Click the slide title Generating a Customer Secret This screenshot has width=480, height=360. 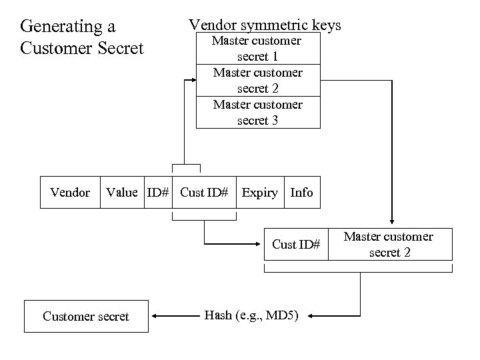[82, 37]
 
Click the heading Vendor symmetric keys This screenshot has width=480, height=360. [265, 25]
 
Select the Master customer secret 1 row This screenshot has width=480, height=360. [257, 49]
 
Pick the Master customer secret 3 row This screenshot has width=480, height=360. [257, 112]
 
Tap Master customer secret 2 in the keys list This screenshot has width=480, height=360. [257, 80]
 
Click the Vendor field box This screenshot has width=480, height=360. [70, 193]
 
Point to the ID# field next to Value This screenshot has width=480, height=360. [158, 193]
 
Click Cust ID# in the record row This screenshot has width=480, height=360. [204, 193]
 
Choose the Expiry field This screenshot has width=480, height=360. [259, 193]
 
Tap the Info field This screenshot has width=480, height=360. [301, 193]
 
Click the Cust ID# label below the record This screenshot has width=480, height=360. [296, 245]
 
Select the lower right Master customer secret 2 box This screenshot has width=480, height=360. [388, 245]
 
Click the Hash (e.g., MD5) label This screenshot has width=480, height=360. [252, 315]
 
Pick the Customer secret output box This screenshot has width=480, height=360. [86, 316]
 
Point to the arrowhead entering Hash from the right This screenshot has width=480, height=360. [312, 315]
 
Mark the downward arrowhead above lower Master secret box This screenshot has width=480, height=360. [391, 224]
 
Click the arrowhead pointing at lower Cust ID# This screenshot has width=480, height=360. [261, 245]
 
